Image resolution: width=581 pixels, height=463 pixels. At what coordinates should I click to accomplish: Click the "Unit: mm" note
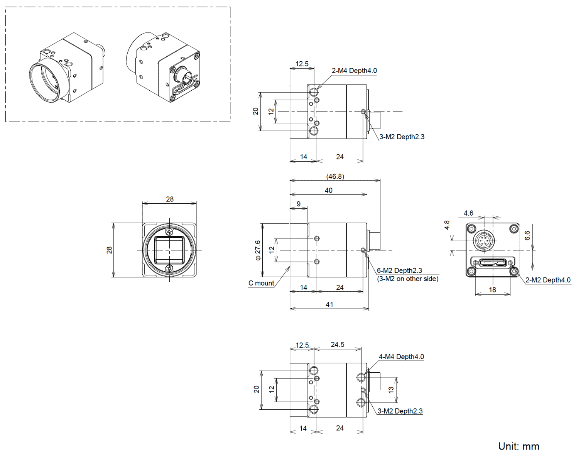click(519, 446)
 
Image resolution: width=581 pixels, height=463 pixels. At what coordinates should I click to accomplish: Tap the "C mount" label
click(261, 283)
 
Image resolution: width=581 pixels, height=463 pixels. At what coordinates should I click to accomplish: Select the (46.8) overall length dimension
click(335, 176)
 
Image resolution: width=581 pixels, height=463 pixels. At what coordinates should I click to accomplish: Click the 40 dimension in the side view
click(328, 190)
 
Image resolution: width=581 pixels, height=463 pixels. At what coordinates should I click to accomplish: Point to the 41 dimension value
click(329, 304)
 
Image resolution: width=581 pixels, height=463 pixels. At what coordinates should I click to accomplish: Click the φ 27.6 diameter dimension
click(258, 250)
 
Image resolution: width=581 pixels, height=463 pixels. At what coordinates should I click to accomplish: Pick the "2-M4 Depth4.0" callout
click(354, 71)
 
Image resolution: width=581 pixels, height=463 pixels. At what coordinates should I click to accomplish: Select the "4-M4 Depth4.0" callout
click(401, 357)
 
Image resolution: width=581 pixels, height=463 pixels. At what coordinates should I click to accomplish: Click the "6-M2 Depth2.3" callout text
click(399, 270)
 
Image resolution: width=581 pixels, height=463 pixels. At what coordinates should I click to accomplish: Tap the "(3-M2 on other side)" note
click(407, 279)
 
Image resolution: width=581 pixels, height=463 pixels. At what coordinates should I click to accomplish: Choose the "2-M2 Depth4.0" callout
click(548, 280)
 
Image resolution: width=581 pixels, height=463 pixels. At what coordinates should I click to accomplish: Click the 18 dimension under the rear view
click(493, 290)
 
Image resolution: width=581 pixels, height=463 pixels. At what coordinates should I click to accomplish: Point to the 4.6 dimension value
click(468, 213)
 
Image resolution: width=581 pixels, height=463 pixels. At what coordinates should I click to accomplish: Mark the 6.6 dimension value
click(527, 235)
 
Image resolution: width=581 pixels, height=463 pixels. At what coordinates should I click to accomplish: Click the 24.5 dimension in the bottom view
click(337, 345)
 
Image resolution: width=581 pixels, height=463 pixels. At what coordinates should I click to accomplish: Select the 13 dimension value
click(391, 390)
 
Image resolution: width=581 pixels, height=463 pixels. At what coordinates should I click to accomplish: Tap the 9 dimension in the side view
click(298, 204)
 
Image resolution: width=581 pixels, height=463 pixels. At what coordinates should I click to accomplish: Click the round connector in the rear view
click(483, 241)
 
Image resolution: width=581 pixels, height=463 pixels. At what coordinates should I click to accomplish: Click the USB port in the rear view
click(493, 263)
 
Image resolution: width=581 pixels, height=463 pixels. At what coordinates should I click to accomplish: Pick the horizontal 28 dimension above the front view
click(170, 199)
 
